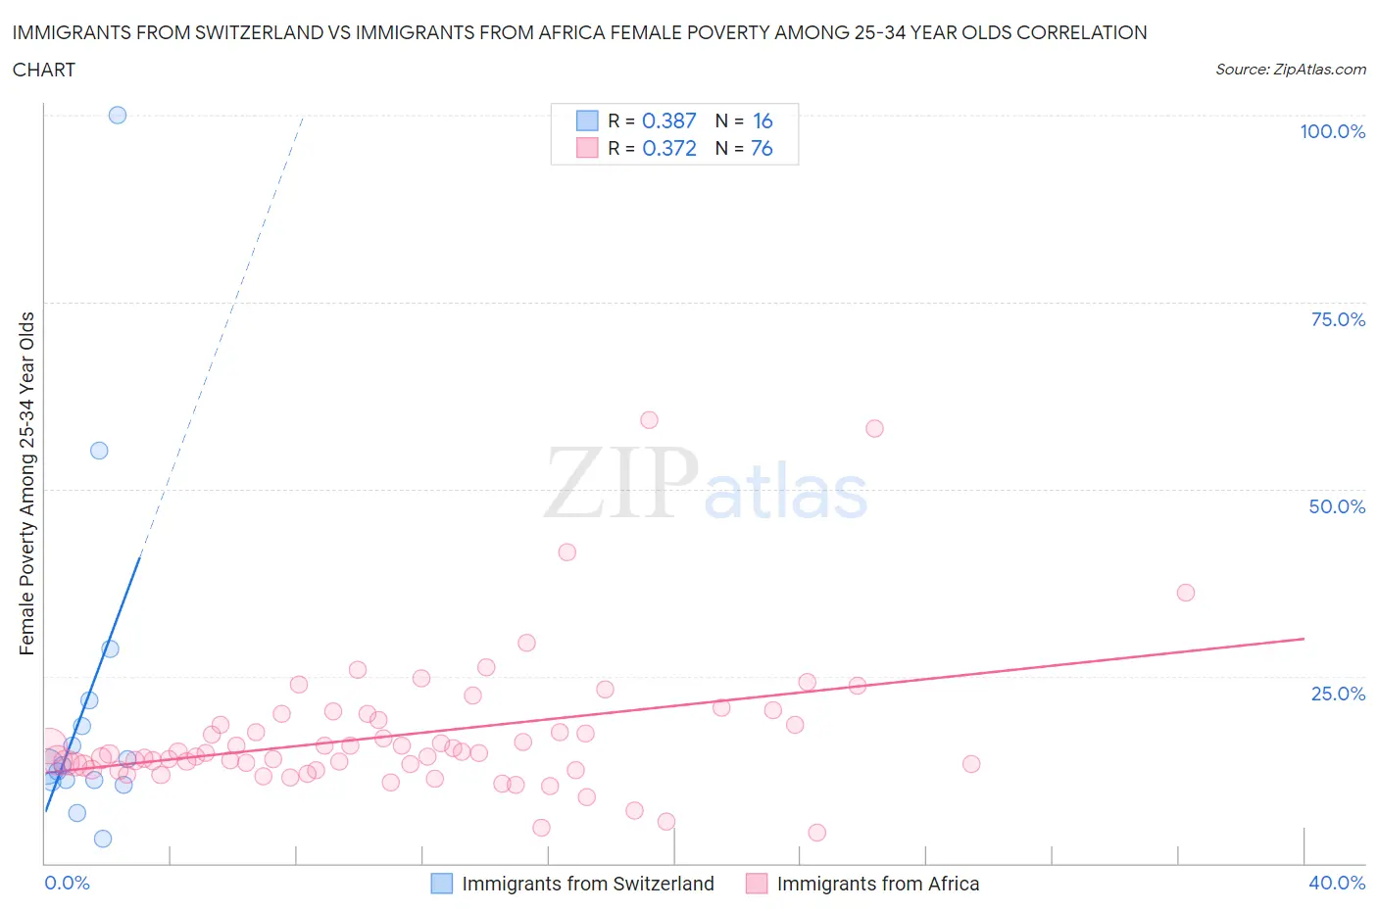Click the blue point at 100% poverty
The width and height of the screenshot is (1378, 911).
pyautogui.click(x=118, y=115)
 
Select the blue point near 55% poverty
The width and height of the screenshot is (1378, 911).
pyautogui.click(x=99, y=451)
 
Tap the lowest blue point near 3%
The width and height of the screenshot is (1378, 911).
pyautogui.click(x=103, y=839)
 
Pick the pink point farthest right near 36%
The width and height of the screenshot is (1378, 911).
pyautogui.click(x=1186, y=593)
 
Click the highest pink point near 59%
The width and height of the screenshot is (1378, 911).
pyautogui.click(x=649, y=420)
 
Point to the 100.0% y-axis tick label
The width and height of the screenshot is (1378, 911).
pyautogui.click(x=1332, y=131)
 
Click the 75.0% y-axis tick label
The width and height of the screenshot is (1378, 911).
pyautogui.click(x=1338, y=319)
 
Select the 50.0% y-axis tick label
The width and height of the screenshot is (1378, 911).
pyautogui.click(x=1337, y=506)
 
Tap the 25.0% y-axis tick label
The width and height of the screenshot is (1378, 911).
pyautogui.click(x=1338, y=694)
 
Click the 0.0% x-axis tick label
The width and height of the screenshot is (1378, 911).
pyautogui.click(x=67, y=883)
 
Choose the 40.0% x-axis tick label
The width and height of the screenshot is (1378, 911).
pyautogui.click(x=1337, y=883)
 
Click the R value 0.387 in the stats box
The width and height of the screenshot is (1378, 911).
pyautogui.click(x=668, y=120)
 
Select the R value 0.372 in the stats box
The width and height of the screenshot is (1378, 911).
pyautogui.click(x=668, y=148)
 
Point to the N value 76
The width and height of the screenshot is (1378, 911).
pyautogui.click(x=762, y=148)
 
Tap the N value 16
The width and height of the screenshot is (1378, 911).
pyautogui.click(x=763, y=120)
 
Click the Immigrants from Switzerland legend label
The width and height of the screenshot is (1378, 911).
pyautogui.click(x=588, y=884)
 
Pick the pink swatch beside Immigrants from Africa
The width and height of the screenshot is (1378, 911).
pyautogui.click(x=756, y=884)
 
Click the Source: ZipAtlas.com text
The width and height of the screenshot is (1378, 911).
pyautogui.click(x=1290, y=69)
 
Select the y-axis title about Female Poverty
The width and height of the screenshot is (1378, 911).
pyautogui.click(x=26, y=483)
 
